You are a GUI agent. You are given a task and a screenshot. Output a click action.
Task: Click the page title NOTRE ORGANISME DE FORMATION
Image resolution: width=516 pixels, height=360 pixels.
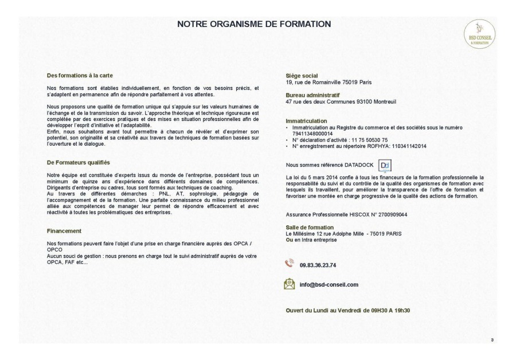click(x=254, y=24)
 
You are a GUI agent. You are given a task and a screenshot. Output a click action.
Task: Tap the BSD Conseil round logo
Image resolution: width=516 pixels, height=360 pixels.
click(x=480, y=34)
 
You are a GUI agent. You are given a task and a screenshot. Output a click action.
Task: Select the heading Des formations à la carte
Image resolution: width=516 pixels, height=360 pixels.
click(x=80, y=76)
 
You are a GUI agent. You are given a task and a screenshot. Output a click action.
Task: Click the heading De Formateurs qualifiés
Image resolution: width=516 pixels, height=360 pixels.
click(x=78, y=162)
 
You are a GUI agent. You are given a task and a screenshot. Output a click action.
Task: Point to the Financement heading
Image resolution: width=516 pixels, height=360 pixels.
click(x=64, y=231)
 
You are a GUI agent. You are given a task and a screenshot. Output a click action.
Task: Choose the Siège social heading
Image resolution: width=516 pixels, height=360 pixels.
click(x=302, y=76)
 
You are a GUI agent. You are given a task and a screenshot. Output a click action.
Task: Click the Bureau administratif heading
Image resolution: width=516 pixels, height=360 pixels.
click(x=312, y=95)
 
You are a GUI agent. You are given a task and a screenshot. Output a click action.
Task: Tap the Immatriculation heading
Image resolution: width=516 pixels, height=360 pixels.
click(x=306, y=121)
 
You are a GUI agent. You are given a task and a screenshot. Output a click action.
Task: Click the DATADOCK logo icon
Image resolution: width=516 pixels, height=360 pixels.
click(x=385, y=166)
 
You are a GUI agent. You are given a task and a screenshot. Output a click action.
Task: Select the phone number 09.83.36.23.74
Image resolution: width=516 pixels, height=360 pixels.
click(x=318, y=265)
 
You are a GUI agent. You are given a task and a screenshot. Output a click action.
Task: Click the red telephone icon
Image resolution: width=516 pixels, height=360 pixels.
click(x=290, y=264)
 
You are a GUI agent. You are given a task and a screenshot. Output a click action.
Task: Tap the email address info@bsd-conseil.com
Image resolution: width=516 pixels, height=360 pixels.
click(x=329, y=284)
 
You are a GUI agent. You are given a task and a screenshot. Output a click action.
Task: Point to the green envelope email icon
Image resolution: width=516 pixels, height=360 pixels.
click(x=290, y=284)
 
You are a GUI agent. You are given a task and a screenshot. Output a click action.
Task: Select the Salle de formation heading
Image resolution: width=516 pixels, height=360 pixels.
click(x=310, y=228)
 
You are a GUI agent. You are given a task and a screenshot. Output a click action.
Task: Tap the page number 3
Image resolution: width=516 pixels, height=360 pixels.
click(x=491, y=341)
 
